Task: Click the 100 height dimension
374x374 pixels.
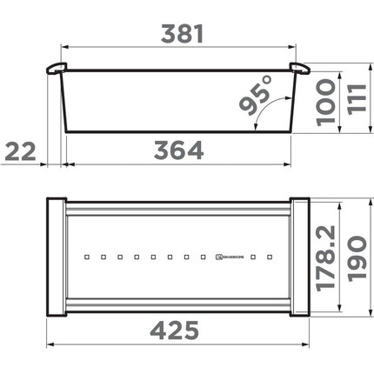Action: point(324,104)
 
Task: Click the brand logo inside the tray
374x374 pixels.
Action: point(223,257)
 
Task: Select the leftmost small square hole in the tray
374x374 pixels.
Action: point(86,257)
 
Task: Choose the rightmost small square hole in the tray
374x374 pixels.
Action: point(271,257)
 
